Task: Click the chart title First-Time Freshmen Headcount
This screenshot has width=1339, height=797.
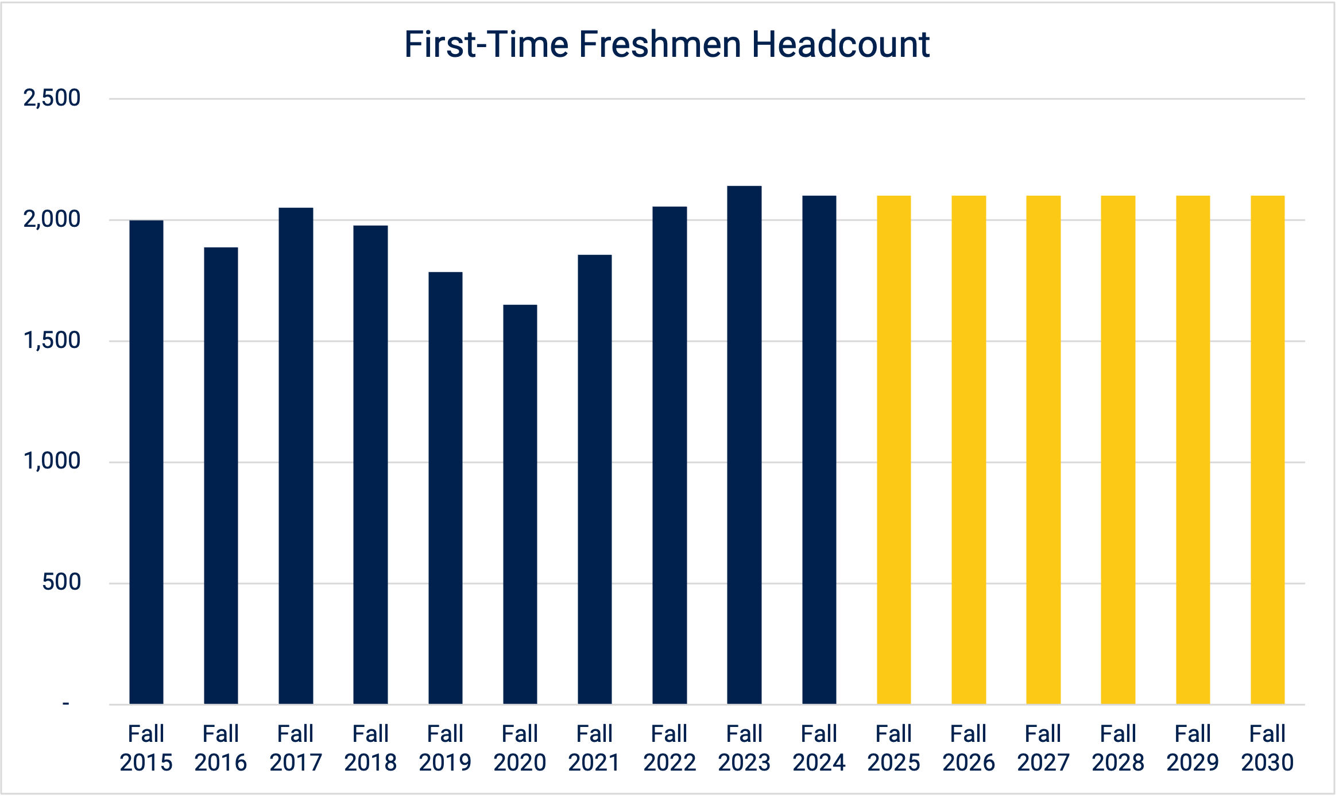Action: coord(667,44)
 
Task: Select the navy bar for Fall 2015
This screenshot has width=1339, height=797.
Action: coord(146,462)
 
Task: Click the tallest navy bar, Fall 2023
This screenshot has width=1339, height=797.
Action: coord(744,445)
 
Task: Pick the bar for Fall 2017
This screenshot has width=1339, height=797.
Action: coord(296,456)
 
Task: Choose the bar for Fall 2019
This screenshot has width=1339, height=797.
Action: coord(446,488)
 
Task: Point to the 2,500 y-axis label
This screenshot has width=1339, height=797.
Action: coord(52,98)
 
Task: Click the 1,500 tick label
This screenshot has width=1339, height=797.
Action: coord(52,341)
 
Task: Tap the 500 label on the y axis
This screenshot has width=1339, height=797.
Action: coord(61,582)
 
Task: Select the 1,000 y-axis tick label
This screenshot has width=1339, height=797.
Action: coord(52,461)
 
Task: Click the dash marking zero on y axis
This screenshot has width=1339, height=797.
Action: coord(66,703)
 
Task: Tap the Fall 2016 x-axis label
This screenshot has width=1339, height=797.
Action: coord(220,748)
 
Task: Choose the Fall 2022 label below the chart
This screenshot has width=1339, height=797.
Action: coord(669,748)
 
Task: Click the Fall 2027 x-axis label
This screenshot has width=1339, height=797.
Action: coord(1043,748)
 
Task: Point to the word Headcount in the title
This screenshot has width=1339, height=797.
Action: coord(841,44)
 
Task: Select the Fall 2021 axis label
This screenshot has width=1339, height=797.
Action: coord(594,748)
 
